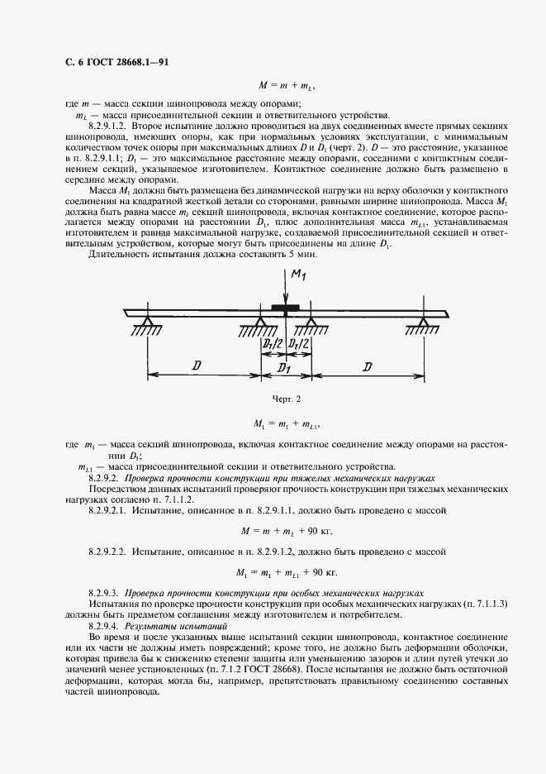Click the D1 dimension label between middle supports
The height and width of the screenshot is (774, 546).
coord(286,365)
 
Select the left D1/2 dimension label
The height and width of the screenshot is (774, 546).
coord(273,344)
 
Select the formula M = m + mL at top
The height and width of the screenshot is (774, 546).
coord(286,85)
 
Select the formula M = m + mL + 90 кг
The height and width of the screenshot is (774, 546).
coord(285,530)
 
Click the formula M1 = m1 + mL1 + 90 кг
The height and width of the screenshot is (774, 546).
coord(285,571)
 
